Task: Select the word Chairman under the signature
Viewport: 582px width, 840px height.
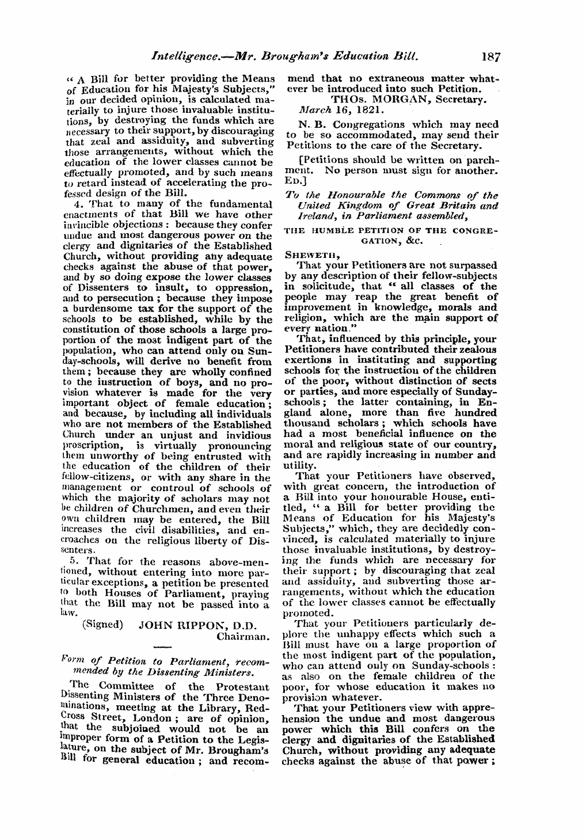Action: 243,637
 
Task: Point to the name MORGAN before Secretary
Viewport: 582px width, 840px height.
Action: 400,98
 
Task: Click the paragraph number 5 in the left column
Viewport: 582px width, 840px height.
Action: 71,561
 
